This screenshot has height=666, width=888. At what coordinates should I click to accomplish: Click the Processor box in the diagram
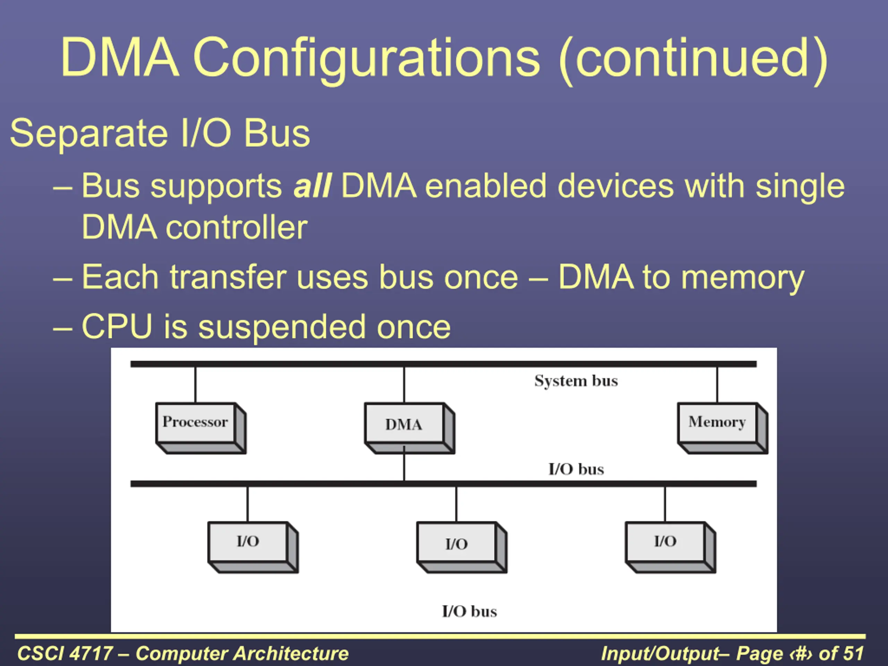(x=201, y=428)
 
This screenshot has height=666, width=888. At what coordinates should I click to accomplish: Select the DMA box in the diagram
(x=409, y=428)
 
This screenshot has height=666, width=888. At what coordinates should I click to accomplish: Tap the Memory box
(x=723, y=428)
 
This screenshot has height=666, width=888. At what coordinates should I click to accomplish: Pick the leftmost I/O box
(x=253, y=547)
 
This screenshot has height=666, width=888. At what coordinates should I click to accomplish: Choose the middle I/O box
(x=462, y=547)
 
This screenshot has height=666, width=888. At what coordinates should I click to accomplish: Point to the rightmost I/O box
(x=671, y=547)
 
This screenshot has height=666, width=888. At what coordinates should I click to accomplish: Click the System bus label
(x=576, y=381)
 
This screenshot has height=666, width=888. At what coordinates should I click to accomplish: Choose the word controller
(x=237, y=227)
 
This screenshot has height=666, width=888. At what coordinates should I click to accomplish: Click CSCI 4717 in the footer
(x=65, y=653)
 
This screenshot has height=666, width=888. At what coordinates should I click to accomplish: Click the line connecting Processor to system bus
(x=196, y=385)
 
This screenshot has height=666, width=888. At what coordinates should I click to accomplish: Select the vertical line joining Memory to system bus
(x=717, y=385)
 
